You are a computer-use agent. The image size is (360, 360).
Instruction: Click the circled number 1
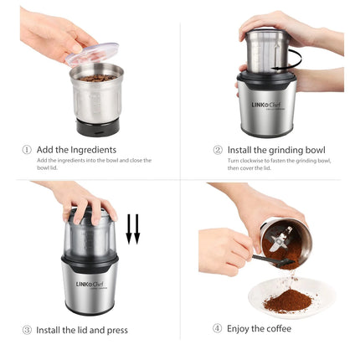tap(27, 150)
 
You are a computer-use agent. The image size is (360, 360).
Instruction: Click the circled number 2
tap(217, 150)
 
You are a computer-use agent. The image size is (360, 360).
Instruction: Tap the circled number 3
tap(27, 330)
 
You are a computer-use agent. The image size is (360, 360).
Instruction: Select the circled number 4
tap(217, 328)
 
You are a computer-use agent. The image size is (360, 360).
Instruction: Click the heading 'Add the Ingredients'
tap(77, 150)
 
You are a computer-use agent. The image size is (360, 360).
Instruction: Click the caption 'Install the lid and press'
tap(82, 330)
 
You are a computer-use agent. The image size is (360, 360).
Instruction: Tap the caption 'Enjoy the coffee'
tap(259, 328)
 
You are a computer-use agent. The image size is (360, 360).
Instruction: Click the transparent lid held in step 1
tap(92, 55)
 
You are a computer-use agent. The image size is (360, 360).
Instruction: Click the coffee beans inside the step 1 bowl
tap(96, 78)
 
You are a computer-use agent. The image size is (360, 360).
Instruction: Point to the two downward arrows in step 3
tap(132, 229)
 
